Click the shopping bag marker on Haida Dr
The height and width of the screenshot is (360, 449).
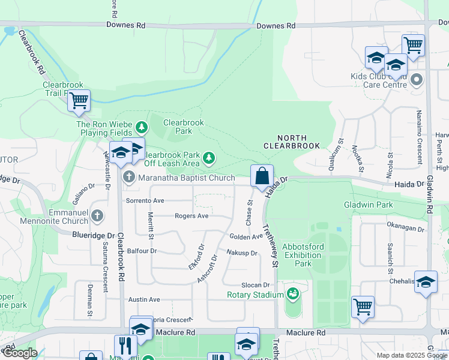pos(262,176)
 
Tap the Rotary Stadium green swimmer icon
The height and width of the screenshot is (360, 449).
pos(293,294)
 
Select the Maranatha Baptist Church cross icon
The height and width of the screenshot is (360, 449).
pos(129,178)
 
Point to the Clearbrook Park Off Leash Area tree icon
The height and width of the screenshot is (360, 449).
pos(208,158)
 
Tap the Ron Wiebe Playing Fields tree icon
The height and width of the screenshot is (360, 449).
pos(141,127)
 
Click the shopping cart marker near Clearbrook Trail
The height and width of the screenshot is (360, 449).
pos(79,101)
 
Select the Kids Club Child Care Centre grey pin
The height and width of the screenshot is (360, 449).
pos(416,79)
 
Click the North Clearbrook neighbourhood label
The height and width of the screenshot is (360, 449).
pos(291,140)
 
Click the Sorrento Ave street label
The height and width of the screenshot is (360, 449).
pos(144,200)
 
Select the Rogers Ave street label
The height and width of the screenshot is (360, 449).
pos(191,216)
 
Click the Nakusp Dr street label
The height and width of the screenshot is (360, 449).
pos(242,253)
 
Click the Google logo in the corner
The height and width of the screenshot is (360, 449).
pos(19,353)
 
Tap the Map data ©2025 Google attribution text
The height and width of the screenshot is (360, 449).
pos(411,355)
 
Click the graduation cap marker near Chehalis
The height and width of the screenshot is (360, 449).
pos(426,283)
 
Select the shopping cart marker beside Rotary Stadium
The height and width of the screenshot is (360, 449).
pos(363,307)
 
